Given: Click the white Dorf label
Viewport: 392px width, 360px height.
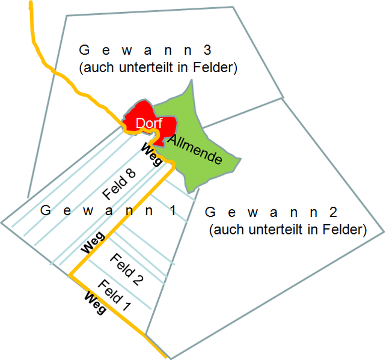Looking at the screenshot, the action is [x=149, y=123].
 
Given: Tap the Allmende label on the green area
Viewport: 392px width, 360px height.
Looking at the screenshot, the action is [x=195, y=149].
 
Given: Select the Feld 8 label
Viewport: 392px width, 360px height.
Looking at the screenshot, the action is [x=119, y=185].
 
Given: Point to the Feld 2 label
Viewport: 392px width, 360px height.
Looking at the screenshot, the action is [x=127, y=269].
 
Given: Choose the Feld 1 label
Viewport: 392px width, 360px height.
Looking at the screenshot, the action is [x=114, y=295].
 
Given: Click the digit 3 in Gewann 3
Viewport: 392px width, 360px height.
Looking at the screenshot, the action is [x=207, y=50].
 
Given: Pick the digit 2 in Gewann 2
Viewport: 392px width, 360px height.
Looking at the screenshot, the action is [x=334, y=212].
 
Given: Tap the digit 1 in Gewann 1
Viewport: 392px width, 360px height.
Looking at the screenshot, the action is [x=173, y=210].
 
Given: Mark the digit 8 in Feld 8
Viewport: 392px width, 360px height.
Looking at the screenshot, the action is [x=130, y=174].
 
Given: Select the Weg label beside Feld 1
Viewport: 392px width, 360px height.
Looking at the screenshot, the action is [x=95, y=303].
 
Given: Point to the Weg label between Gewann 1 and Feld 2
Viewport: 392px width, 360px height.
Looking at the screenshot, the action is [x=93, y=242].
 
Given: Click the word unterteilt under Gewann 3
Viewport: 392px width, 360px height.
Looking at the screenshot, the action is [x=146, y=67].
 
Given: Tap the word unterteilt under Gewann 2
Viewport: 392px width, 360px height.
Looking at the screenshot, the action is [x=277, y=230].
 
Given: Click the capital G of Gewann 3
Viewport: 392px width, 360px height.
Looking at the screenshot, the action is [x=84, y=50].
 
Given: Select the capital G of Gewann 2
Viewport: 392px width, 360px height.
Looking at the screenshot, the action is [x=210, y=212].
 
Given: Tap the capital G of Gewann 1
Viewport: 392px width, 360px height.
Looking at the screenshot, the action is [x=46, y=210].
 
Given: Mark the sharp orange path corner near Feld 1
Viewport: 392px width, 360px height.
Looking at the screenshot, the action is [x=70, y=275].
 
